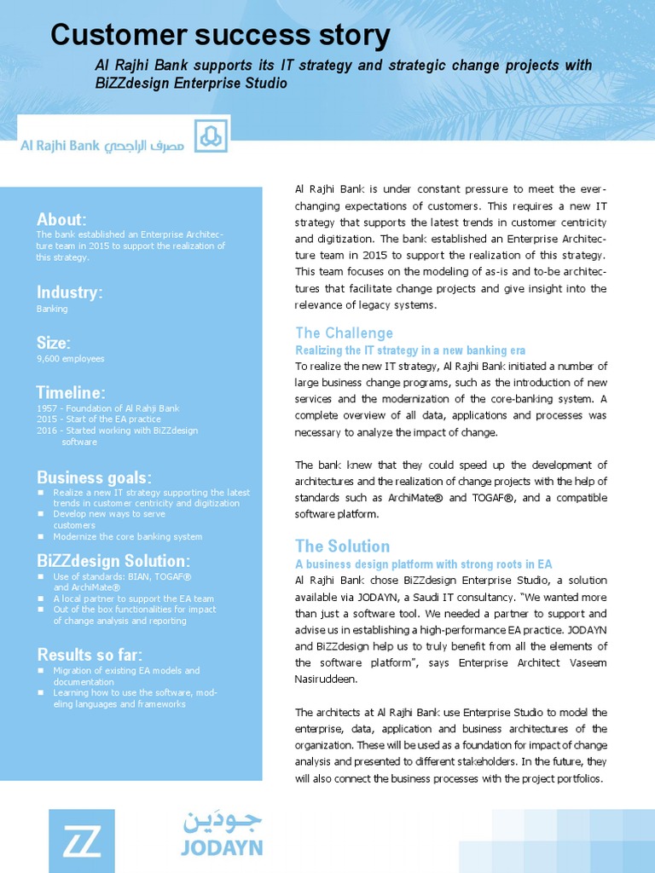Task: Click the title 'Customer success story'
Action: click(x=220, y=36)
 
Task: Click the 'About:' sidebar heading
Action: click(x=61, y=219)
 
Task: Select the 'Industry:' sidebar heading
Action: click(x=69, y=292)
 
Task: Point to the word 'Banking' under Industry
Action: click(x=52, y=309)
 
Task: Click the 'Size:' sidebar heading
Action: click(x=53, y=343)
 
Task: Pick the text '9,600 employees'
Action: click(x=70, y=359)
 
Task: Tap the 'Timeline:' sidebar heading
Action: click(x=71, y=392)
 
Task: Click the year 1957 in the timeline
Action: click(x=45, y=408)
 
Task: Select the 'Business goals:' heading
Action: click(x=94, y=476)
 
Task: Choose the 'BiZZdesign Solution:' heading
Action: click(x=113, y=561)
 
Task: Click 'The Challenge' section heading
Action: click(x=344, y=332)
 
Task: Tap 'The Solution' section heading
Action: click(x=342, y=546)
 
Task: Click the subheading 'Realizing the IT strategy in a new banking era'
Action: click(x=410, y=350)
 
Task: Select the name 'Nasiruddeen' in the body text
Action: click(x=323, y=679)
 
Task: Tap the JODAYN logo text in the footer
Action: click(x=222, y=847)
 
